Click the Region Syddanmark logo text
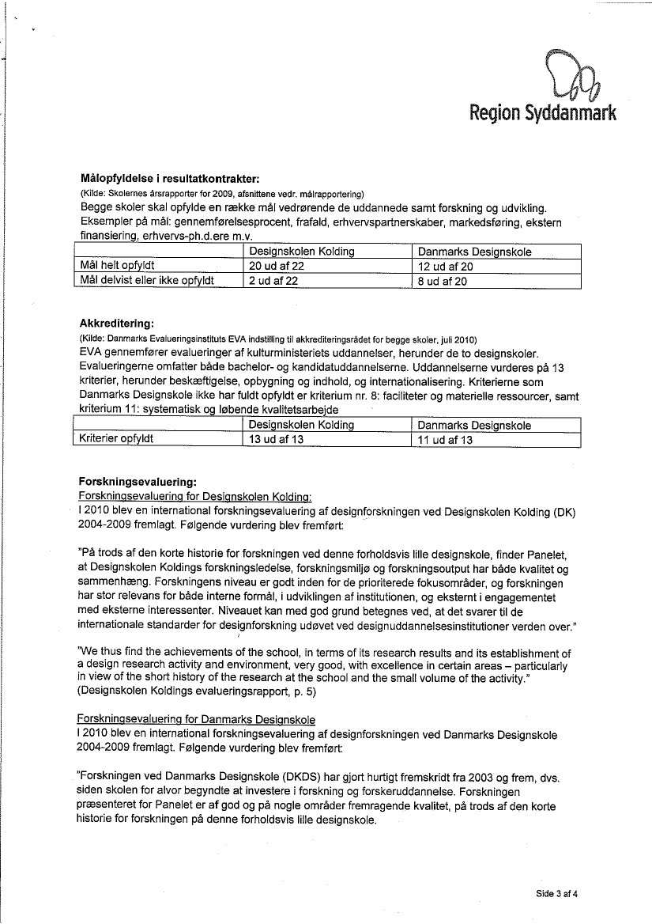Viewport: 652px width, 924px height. coord(542,113)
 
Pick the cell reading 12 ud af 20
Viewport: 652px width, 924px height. coord(445,267)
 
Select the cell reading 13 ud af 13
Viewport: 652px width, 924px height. coord(276,440)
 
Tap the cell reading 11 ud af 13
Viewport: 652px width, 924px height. coord(445,440)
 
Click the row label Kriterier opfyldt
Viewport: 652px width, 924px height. coord(116,438)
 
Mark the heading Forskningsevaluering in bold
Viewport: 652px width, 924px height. coord(138,481)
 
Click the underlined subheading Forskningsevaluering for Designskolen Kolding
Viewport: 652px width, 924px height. coord(195,496)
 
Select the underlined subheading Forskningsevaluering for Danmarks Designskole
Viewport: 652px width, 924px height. coord(196,719)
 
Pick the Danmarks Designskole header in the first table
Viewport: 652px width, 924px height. coord(474,252)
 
